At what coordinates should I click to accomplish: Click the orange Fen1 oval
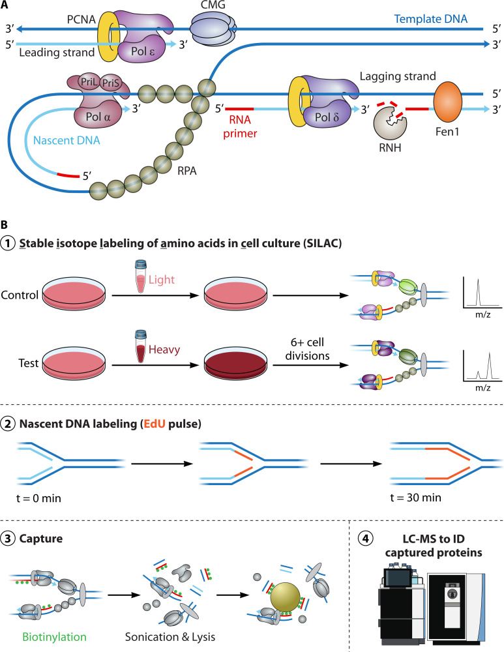447,102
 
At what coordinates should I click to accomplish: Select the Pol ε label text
143,51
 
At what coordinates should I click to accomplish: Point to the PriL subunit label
89,82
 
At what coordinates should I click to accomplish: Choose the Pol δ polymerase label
327,117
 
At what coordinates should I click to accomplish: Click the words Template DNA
431,19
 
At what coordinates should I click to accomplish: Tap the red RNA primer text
240,126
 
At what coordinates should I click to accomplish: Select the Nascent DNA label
67,140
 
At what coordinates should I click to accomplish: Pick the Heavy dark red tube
141,346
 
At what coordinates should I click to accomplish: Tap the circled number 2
8,424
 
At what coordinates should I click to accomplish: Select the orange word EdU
155,424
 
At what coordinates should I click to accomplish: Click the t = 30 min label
415,497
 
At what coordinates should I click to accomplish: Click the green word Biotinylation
55,636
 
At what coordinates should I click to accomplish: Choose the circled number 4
366,539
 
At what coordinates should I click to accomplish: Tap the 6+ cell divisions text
307,349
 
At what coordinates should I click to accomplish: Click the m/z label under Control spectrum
482,315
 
